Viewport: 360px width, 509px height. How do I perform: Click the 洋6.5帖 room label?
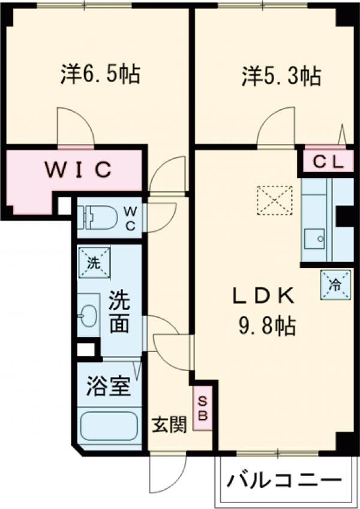pyautogui.click(x=100, y=74)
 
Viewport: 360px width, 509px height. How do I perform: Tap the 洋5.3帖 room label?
pyautogui.click(x=281, y=76)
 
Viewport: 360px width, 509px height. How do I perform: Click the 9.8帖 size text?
pyautogui.click(x=263, y=326)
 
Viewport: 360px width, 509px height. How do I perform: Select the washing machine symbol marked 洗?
pyautogui.click(x=92, y=262)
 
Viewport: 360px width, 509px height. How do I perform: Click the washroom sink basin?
pyautogui.click(x=88, y=317)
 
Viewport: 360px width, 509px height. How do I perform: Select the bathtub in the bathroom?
pyautogui.click(x=109, y=427)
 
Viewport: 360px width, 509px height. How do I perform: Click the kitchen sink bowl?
pyautogui.click(x=314, y=240)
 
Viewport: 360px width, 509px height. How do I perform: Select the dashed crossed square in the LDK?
pyautogui.click(x=275, y=200)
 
